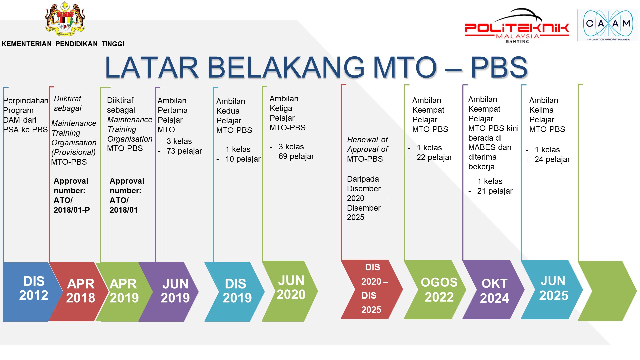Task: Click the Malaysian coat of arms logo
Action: click(65, 19)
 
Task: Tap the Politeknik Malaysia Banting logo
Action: click(517, 26)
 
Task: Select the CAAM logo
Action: click(608, 25)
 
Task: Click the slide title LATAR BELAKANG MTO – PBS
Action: click(316, 67)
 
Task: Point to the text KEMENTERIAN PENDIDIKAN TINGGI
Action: click(63, 44)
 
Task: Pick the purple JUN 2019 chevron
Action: click(169, 292)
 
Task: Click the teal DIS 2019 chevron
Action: click(235, 292)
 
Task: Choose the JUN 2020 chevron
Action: click(290, 291)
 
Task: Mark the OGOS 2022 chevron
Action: click(435, 290)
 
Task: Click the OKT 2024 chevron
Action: click(493, 290)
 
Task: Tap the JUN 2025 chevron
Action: click(552, 290)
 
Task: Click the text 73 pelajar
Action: click(184, 151)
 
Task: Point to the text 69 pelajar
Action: click(296, 156)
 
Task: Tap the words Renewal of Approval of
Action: click(368, 144)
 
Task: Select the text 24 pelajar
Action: click(552, 159)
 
